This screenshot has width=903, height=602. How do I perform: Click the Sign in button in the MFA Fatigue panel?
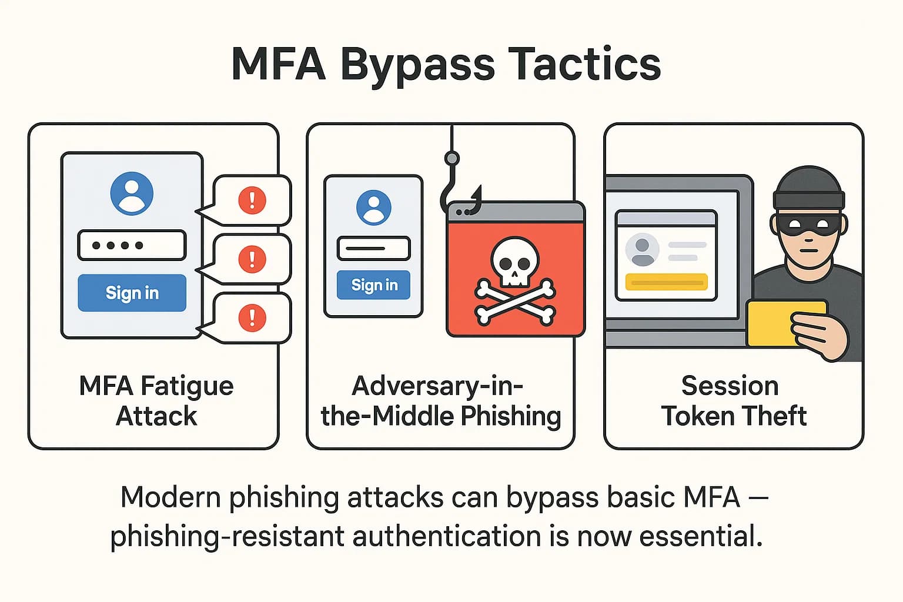click(132, 293)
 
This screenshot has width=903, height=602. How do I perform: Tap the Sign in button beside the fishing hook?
click(374, 285)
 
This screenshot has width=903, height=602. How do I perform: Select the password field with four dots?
click(132, 245)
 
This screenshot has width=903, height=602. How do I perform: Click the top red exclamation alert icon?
click(252, 200)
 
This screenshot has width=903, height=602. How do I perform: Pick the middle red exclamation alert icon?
click(252, 259)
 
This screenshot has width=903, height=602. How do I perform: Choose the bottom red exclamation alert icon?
click(252, 318)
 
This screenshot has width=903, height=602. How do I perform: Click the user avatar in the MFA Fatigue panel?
click(132, 193)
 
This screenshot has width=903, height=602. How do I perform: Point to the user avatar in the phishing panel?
click(374, 208)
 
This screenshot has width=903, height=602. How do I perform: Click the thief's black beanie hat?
click(809, 188)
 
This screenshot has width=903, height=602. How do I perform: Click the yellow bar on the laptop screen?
click(666, 282)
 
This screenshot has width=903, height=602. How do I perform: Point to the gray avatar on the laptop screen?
click(642, 249)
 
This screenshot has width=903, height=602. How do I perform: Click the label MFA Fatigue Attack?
click(156, 400)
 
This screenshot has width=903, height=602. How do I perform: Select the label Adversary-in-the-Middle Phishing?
click(440, 400)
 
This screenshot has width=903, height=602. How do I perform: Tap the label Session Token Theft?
click(733, 400)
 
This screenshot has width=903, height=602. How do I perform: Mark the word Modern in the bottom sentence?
click(171, 497)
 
